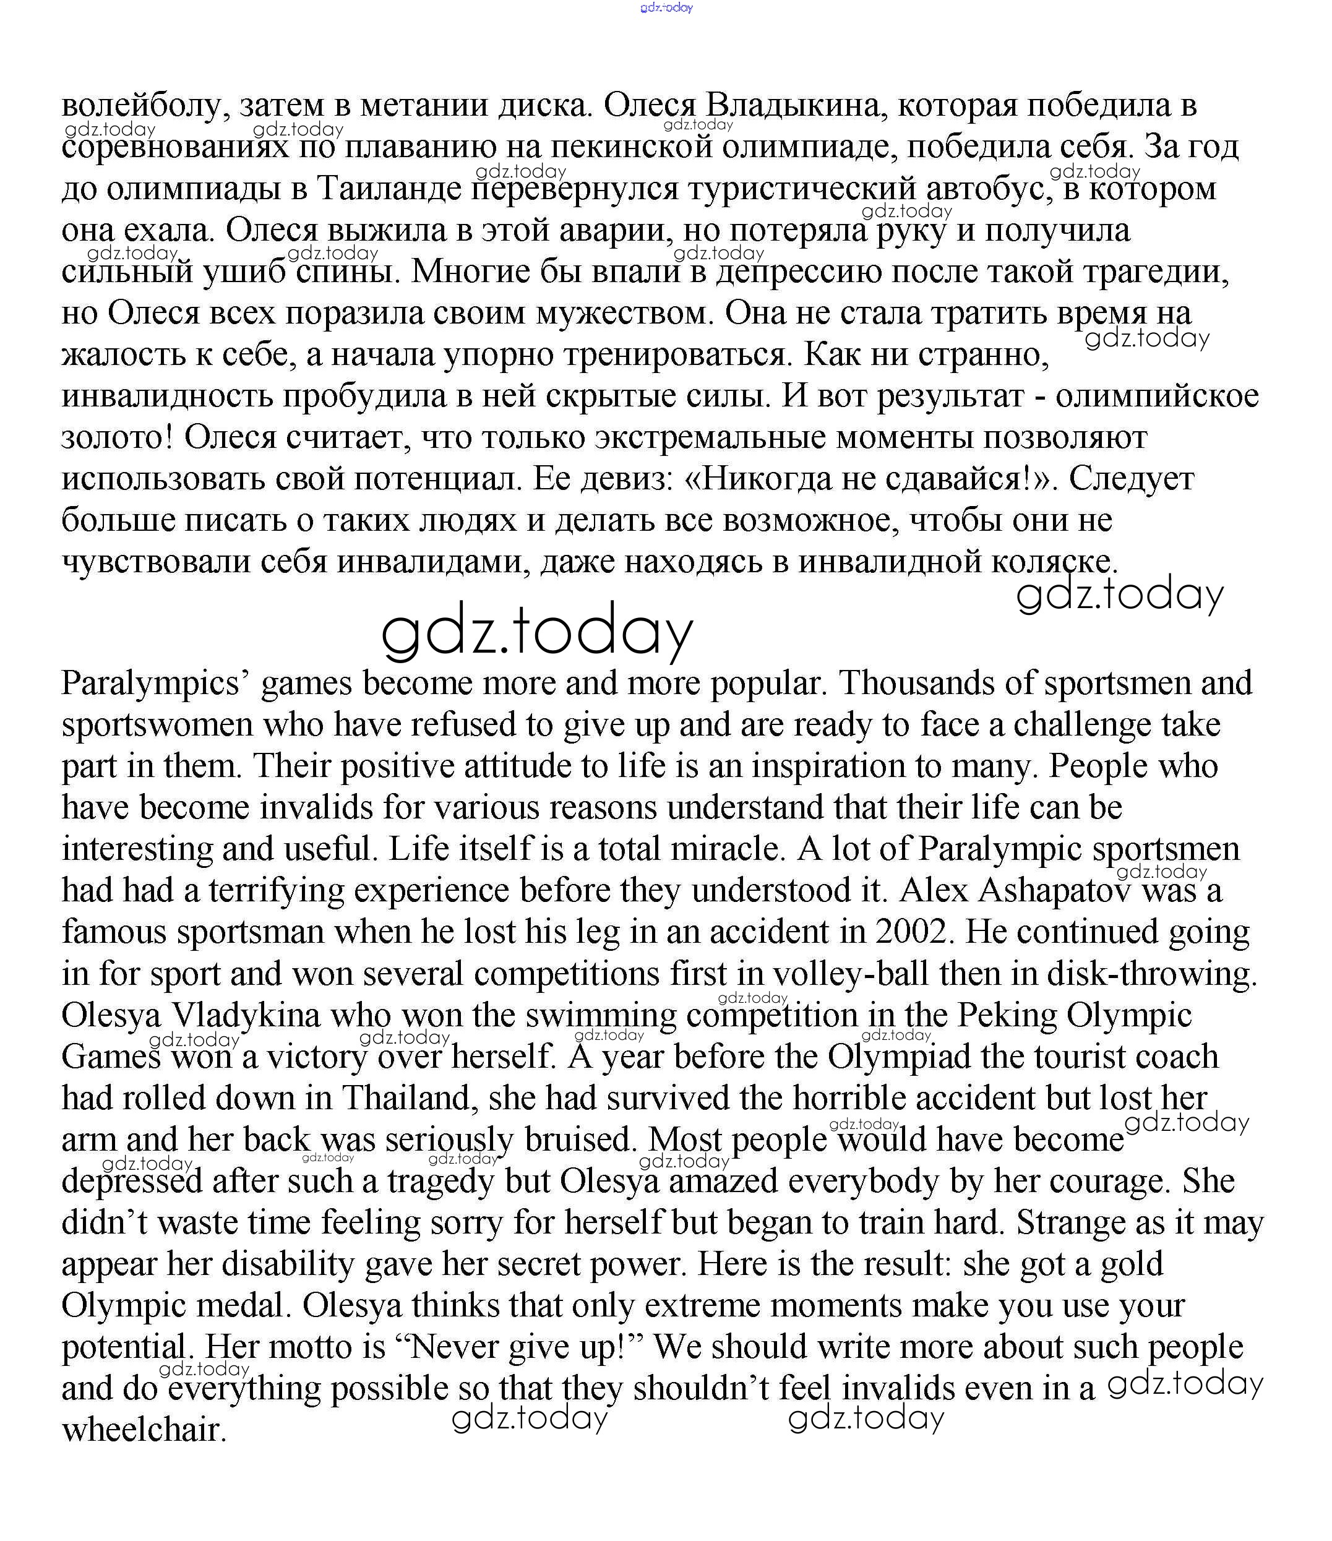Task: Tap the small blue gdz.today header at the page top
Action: click(666, 7)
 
